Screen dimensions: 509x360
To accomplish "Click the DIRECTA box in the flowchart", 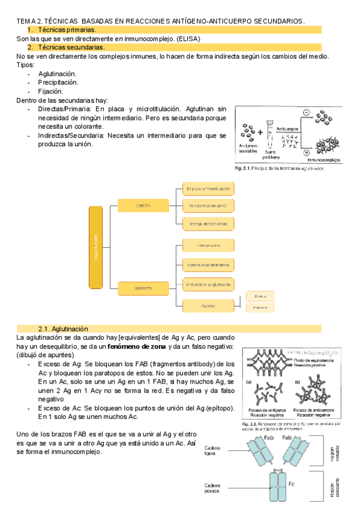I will point(143,205).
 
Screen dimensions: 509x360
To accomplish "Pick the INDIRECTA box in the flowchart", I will point(143,289).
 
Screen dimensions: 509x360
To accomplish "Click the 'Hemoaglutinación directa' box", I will point(207,224).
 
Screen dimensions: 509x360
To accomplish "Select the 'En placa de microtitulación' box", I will point(207,190).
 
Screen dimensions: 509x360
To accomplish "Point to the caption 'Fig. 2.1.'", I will point(242,169).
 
